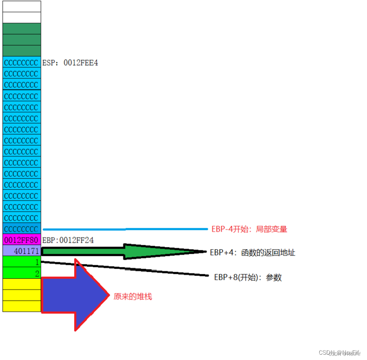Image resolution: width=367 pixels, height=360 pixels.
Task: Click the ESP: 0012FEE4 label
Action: [x=70, y=63]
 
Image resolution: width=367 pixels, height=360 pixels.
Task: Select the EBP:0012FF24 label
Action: [x=68, y=240]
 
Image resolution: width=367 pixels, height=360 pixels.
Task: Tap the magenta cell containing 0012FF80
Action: [x=22, y=240]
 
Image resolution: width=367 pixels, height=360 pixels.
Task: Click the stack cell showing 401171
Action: [x=22, y=251]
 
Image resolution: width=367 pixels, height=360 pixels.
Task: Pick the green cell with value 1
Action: [x=22, y=262]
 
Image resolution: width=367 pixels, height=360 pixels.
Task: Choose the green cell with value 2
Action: [x=22, y=273]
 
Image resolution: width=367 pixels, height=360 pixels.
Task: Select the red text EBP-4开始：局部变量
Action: [x=249, y=229]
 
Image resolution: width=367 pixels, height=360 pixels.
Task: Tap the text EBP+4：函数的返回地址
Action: [x=252, y=252]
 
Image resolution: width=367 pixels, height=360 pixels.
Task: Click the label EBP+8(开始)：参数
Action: [x=248, y=277]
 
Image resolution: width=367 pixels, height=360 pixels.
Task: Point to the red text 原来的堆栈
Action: [x=133, y=296]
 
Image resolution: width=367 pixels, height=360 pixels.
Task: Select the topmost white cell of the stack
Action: [x=22, y=6]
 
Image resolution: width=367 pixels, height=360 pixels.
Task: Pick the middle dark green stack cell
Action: [x=22, y=40]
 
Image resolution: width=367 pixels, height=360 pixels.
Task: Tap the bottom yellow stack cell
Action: [x=22, y=306]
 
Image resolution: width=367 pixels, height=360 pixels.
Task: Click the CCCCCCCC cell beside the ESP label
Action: [x=22, y=63]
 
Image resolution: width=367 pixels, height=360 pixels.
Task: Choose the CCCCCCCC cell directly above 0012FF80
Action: [x=22, y=229]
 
